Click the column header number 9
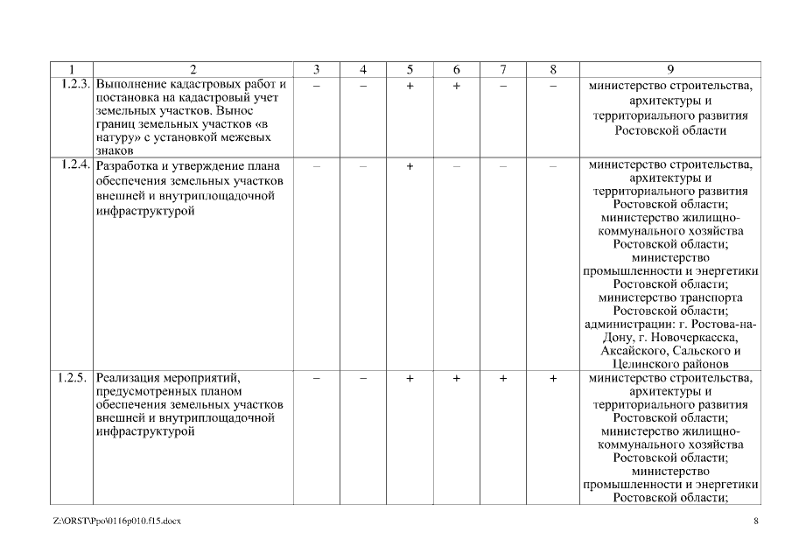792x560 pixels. (x=670, y=69)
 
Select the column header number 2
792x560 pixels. (x=193, y=69)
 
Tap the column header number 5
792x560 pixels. (x=409, y=69)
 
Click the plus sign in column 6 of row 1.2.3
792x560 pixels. (x=456, y=86)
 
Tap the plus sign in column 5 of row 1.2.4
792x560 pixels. (x=409, y=165)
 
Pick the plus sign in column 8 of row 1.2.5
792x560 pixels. (x=552, y=379)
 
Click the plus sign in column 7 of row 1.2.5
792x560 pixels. (x=503, y=379)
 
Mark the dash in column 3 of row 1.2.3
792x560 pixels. (x=316, y=86)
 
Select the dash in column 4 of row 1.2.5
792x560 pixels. (x=362, y=379)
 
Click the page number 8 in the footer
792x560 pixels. (x=755, y=521)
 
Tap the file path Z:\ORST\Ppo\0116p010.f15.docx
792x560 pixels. (x=116, y=521)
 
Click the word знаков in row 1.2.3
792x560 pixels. (x=112, y=150)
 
